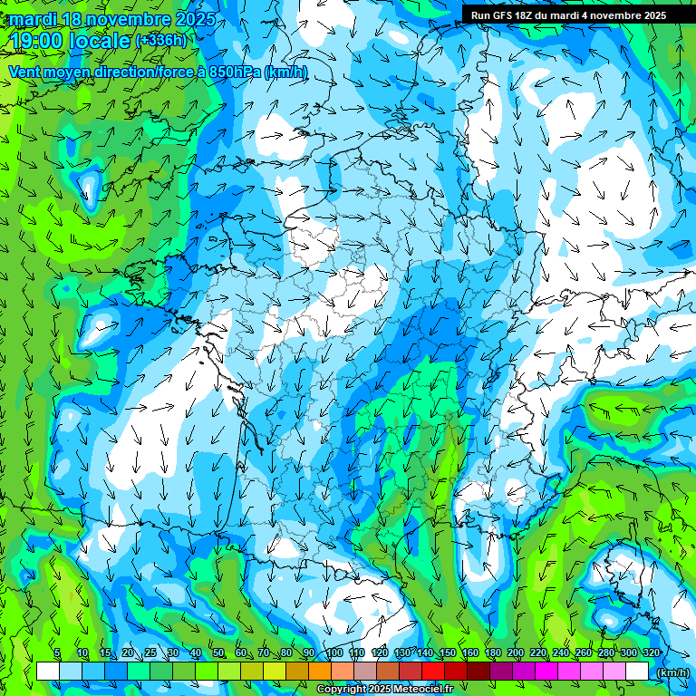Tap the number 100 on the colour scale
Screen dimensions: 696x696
tap(333, 653)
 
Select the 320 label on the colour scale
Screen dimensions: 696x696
tap(650, 653)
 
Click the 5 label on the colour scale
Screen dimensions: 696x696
tap(57, 653)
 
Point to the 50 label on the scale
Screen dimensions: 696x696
tap(218, 653)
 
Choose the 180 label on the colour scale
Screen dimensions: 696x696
tap(493, 653)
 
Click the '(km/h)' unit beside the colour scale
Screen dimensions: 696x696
tap(673, 672)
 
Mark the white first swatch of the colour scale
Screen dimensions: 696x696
tap(48, 672)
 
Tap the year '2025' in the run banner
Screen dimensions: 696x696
tap(650, 14)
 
